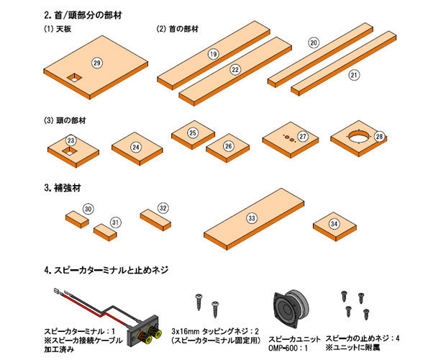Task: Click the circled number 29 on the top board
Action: [97, 63]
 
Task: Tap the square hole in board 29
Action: [74, 78]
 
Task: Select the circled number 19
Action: [214, 54]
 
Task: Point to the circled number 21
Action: [353, 75]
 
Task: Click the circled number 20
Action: [314, 43]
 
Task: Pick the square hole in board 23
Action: [70, 150]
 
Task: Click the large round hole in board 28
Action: [360, 136]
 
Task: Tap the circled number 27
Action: [303, 136]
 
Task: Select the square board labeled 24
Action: [137, 148]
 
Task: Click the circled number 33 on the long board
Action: [252, 218]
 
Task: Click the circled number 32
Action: [163, 208]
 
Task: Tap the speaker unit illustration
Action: [291, 308]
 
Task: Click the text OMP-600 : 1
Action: [288, 348]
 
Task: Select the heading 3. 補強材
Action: [63, 188]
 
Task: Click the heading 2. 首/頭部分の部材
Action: [83, 15]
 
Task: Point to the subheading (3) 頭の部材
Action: [65, 121]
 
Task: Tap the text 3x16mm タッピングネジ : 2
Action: [215, 331]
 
